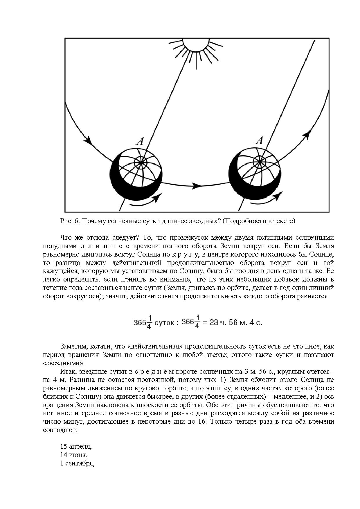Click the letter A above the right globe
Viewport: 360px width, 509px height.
259,141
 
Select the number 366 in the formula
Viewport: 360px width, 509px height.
187,322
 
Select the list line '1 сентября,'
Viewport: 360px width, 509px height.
77,463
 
